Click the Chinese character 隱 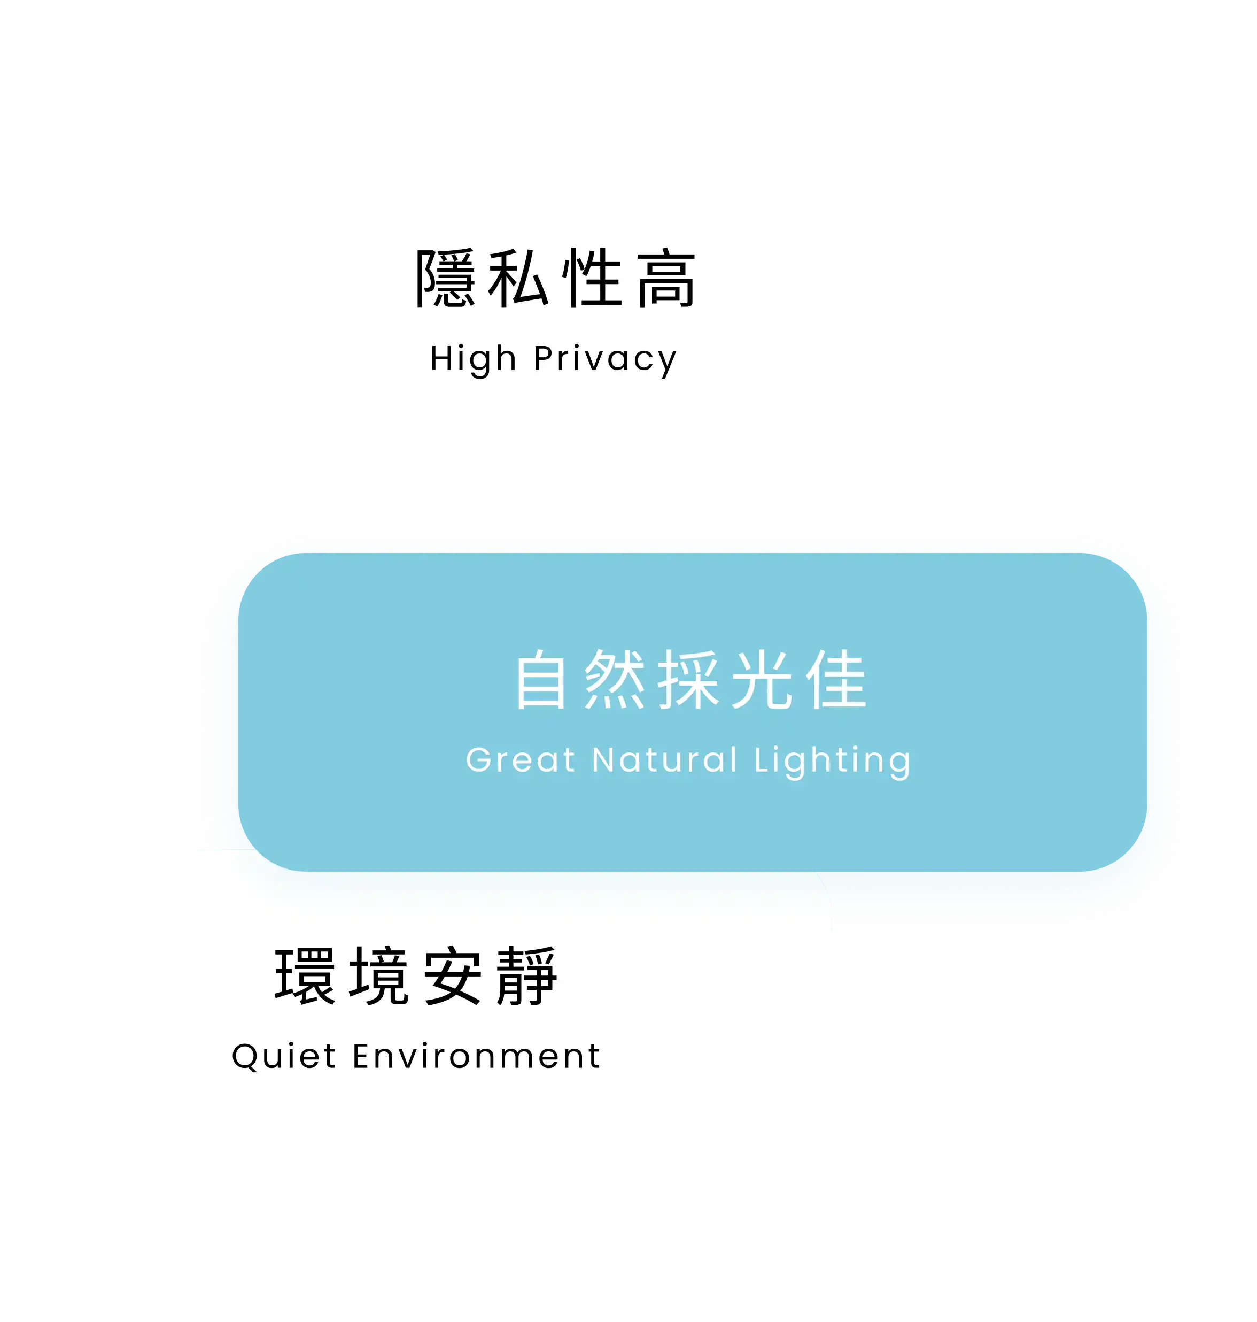(x=446, y=278)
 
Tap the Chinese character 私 (x=518, y=278)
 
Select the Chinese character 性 (x=592, y=278)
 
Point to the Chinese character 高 (x=665, y=278)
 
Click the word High (x=473, y=359)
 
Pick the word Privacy (x=605, y=360)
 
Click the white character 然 (x=615, y=680)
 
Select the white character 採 (x=688, y=680)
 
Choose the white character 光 (x=762, y=680)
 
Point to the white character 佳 (x=835, y=680)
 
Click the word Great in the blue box (x=521, y=760)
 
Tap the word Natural (x=665, y=760)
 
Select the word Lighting (x=833, y=762)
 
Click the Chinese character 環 (x=305, y=976)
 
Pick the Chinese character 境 (x=378, y=976)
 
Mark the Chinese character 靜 (x=526, y=976)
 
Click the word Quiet (x=283, y=1057)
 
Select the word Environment (x=476, y=1057)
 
